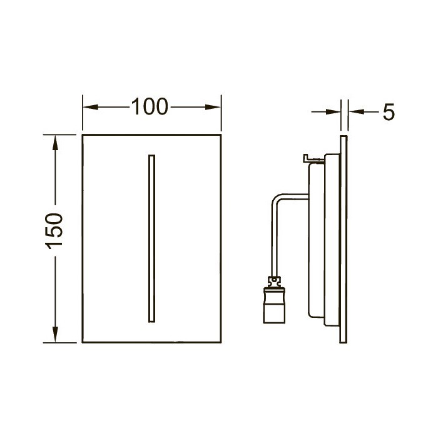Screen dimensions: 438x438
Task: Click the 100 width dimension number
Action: pos(150,108)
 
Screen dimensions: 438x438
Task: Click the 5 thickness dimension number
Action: pos(388,113)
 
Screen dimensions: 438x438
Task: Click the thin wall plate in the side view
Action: pos(344,238)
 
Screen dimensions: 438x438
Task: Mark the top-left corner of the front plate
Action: pos(83,135)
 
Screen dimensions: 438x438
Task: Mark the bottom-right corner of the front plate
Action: pos(222,342)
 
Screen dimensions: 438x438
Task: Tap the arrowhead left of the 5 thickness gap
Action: pos(336,112)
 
